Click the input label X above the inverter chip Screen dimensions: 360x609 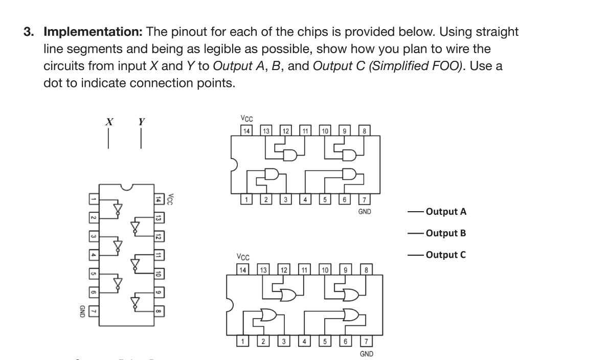coord(108,122)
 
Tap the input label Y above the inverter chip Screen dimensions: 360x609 coord(141,122)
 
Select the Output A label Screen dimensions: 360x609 coord(446,211)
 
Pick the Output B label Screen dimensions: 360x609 coord(446,233)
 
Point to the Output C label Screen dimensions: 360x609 coord(446,255)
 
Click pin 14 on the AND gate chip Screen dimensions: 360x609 coord(247,131)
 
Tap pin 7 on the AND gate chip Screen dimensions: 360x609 coord(364,199)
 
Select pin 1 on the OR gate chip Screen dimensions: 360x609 coord(244,341)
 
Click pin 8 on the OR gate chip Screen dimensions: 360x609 coord(367,269)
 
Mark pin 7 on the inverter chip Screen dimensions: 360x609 coord(93,310)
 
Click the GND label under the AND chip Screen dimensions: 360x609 coord(364,211)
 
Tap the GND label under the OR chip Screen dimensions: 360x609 coord(366,353)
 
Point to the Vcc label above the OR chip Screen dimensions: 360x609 coord(243,257)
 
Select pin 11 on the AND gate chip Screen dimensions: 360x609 coord(306,131)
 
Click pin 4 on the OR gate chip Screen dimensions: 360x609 coord(305,341)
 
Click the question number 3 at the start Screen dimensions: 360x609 coord(29,32)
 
